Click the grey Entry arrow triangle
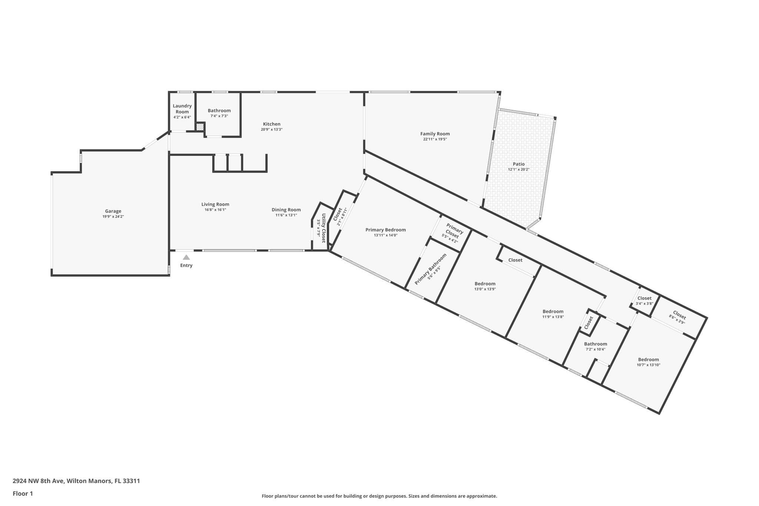(186, 257)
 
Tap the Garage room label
(113, 211)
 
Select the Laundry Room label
(182, 109)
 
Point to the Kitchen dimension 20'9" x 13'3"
(272, 129)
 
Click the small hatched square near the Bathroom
(200, 127)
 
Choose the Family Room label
(435, 134)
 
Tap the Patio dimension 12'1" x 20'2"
(519, 169)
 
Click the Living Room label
(215, 204)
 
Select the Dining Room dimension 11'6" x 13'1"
(286, 215)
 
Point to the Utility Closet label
(324, 228)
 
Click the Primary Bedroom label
(385, 230)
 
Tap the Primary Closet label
(453, 231)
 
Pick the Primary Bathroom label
(430, 269)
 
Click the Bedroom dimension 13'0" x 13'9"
(485, 289)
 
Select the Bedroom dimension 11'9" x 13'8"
(553, 317)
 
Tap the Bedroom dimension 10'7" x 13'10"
(649, 365)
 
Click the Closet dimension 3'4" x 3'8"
(644, 304)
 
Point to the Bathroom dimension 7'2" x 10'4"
(596, 349)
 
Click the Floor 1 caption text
(23, 493)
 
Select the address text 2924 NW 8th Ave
(39, 481)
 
